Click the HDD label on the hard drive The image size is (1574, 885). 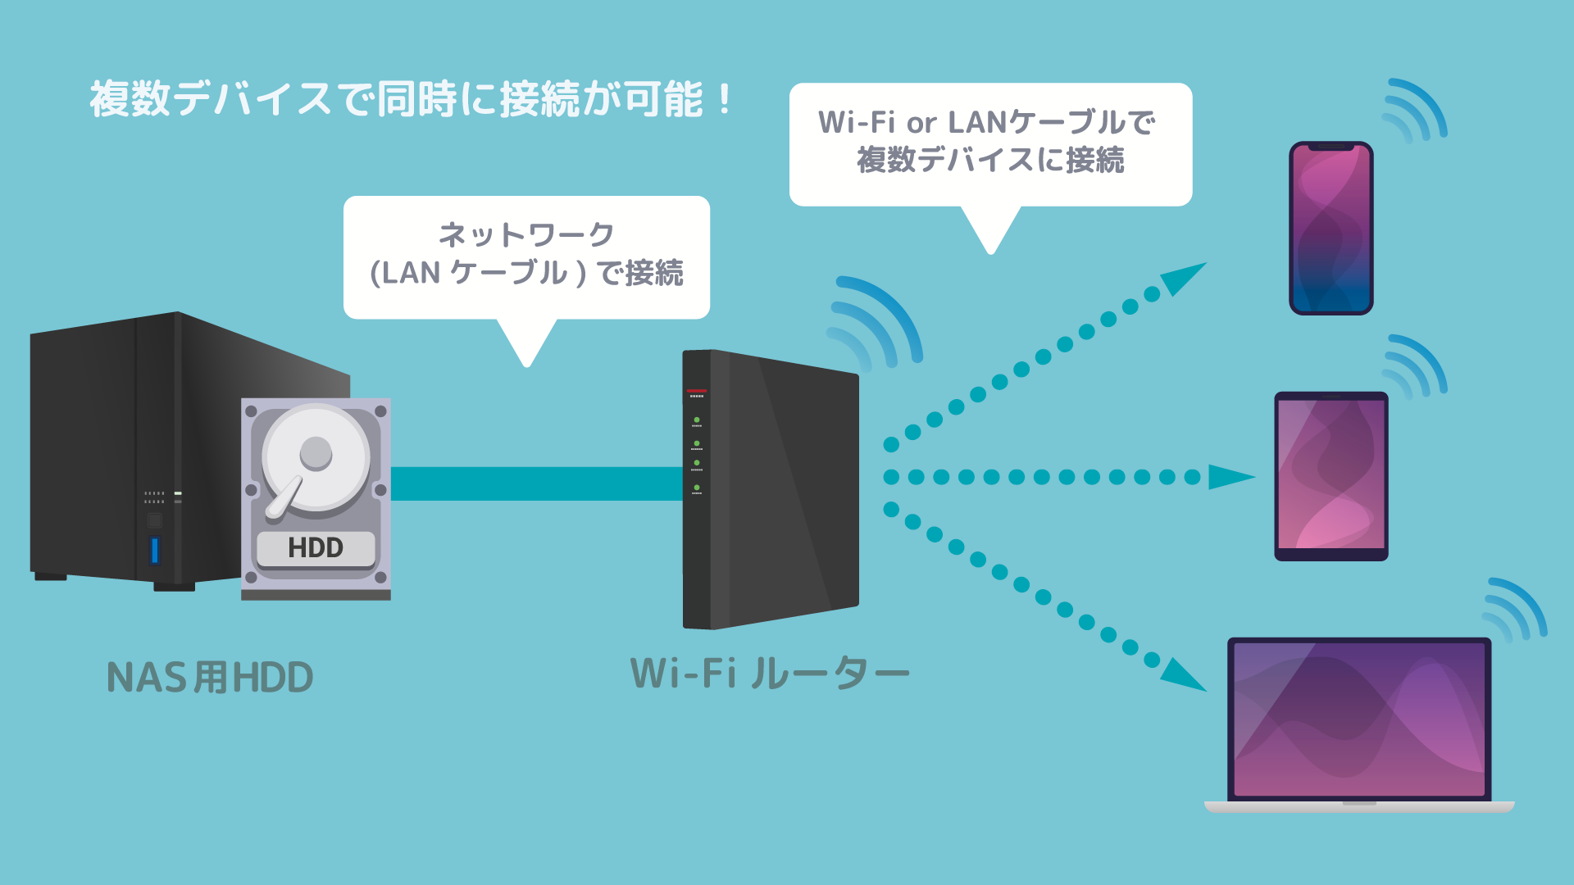point(316,548)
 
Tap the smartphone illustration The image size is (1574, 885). point(1331,228)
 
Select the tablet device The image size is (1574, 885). point(1331,476)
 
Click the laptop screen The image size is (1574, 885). point(1359,719)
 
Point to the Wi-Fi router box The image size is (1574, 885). point(771,490)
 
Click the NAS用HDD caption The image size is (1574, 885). point(210,678)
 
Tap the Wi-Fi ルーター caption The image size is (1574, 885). point(769,674)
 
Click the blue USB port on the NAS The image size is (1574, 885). point(155,551)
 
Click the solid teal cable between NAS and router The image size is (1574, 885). point(536,483)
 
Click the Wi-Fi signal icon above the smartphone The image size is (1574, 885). point(1414,111)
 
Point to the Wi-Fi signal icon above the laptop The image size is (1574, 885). point(1515,609)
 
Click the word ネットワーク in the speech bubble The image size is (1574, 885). point(526,235)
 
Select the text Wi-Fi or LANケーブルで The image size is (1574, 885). point(987,123)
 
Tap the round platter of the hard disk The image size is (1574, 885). point(316,459)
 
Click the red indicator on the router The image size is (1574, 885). point(696,392)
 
